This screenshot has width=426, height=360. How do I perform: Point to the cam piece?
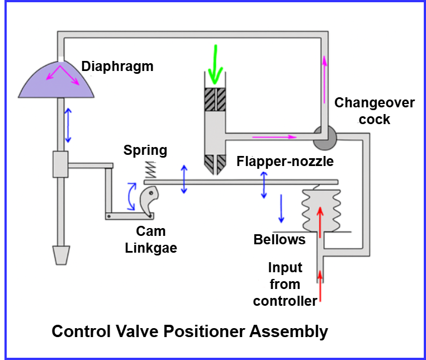[149, 201]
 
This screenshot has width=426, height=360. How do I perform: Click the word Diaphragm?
[117, 67]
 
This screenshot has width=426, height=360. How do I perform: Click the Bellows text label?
[280, 240]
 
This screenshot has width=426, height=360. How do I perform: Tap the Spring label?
[145, 150]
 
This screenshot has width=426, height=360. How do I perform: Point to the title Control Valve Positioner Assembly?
[190, 331]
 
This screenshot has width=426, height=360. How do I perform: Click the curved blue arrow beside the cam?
[132, 197]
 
